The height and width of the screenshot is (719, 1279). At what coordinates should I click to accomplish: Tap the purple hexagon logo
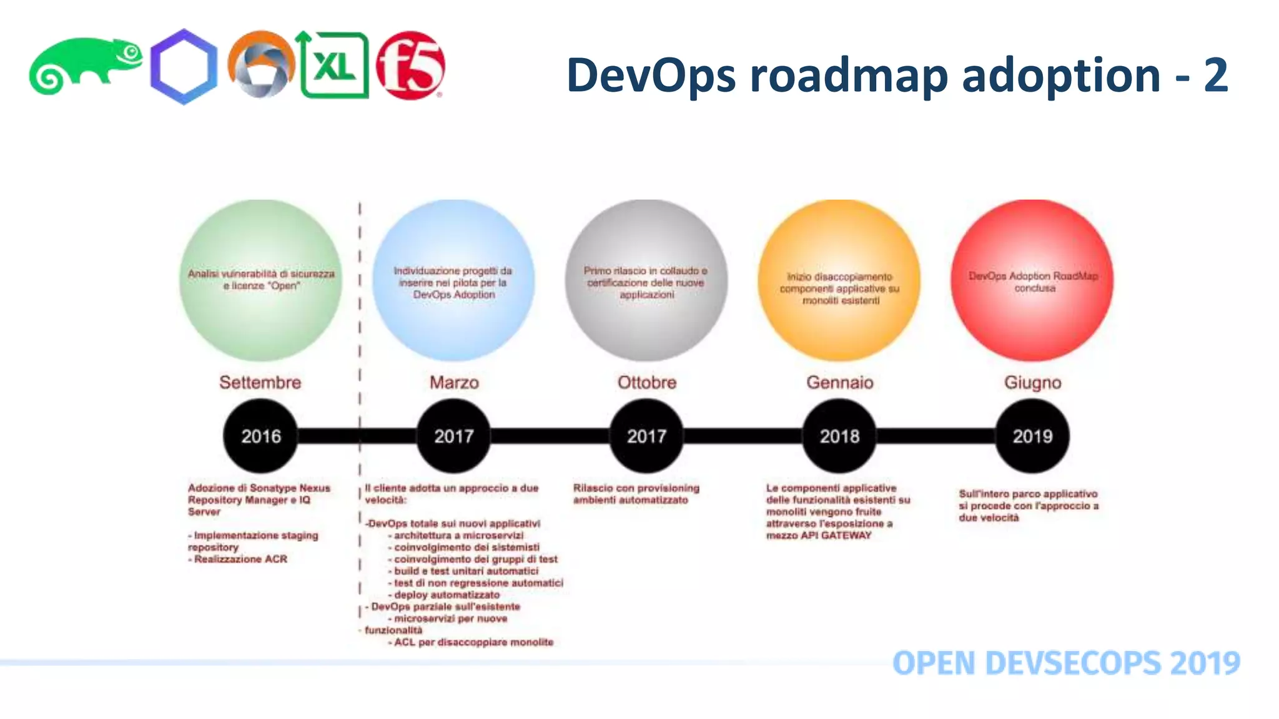pos(184,67)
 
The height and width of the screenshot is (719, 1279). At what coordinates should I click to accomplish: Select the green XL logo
pos(334,66)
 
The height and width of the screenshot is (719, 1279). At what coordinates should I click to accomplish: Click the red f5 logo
pos(410,66)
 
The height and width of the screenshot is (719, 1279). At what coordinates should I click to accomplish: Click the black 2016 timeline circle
pos(260,436)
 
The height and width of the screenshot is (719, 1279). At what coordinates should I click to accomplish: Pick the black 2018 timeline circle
pos(839,436)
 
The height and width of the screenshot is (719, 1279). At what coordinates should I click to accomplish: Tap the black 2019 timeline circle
pos(1032,436)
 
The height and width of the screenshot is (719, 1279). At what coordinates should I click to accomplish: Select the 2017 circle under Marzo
pos(453,436)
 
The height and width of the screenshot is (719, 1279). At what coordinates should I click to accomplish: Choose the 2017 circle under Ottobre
pos(646,436)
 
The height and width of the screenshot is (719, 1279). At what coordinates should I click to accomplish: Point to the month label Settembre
pos(260,382)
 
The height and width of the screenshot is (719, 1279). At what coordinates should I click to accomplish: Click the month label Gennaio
pos(839,382)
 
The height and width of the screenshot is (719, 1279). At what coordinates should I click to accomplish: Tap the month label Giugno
pos(1032,382)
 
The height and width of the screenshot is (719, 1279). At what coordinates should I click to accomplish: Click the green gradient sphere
pos(260,280)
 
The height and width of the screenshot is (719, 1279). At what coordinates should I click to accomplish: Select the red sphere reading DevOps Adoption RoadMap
pos(1032,280)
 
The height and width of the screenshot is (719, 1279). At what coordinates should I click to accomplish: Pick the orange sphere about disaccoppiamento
pos(839,280)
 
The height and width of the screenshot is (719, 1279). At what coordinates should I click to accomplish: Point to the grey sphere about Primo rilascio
pos(646,280)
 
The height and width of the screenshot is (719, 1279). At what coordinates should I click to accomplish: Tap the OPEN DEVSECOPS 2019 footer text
pos(1066,663)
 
